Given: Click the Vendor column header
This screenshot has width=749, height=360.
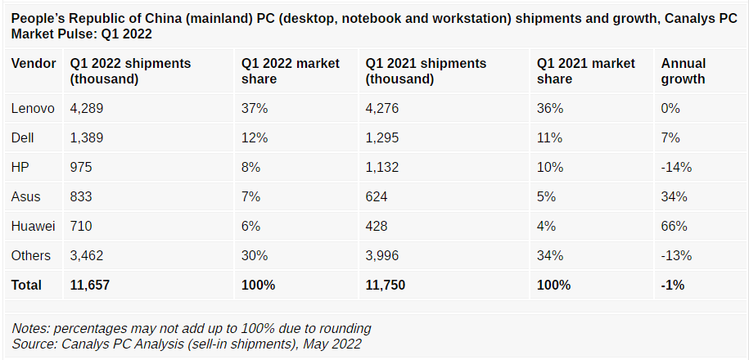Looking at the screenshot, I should click(34, 64).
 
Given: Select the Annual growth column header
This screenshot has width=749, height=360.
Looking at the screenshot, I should click(684, 71).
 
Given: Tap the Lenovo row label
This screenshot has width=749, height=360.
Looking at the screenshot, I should click(33, 108).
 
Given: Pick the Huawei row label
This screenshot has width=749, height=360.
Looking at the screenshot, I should click(33, 226).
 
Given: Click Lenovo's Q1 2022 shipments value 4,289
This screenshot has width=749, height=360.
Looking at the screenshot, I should click(87, 108).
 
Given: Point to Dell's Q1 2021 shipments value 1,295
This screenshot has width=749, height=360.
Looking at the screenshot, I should click(382, 137).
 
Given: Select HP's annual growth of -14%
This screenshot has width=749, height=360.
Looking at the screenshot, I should click(676, 167).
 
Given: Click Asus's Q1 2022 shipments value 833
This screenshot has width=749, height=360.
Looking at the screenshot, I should click(82, 196).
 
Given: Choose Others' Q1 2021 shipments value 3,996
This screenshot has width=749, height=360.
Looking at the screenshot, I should click(383, 255).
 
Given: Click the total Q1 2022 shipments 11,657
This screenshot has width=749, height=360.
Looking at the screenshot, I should click(90, 285).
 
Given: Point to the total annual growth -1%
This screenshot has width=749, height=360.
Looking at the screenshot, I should click(673, 285).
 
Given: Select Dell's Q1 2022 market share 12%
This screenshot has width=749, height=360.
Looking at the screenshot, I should click(254, 137).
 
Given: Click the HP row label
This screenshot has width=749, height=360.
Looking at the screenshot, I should click(20, 167).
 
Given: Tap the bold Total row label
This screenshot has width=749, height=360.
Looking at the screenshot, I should click(26, 285).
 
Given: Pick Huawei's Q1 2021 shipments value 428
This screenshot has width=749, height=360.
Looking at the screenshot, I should click(377, 226).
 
